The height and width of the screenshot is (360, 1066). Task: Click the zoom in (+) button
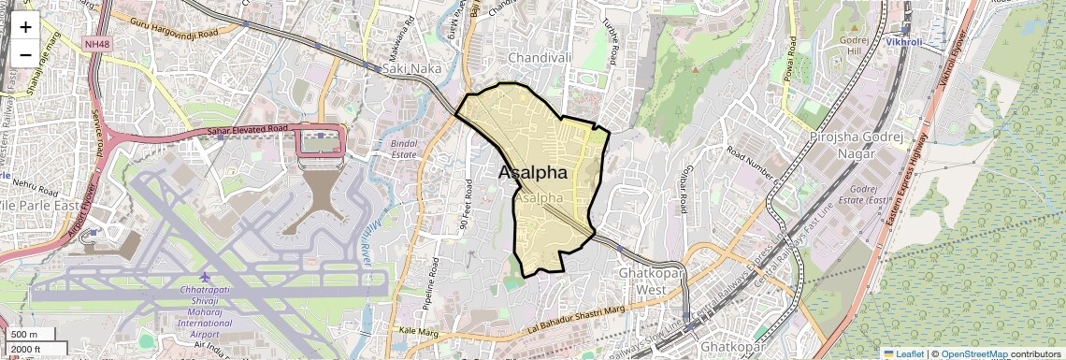25,27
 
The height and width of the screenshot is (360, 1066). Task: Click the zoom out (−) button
25,54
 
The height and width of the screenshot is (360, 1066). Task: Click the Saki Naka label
408,68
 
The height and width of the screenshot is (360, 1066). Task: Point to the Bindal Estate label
403,148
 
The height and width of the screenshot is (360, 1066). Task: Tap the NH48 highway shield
95,43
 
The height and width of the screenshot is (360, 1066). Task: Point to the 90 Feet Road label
467,205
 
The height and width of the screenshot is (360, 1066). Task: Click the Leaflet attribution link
903,353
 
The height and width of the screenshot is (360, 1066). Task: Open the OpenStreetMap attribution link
973,353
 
